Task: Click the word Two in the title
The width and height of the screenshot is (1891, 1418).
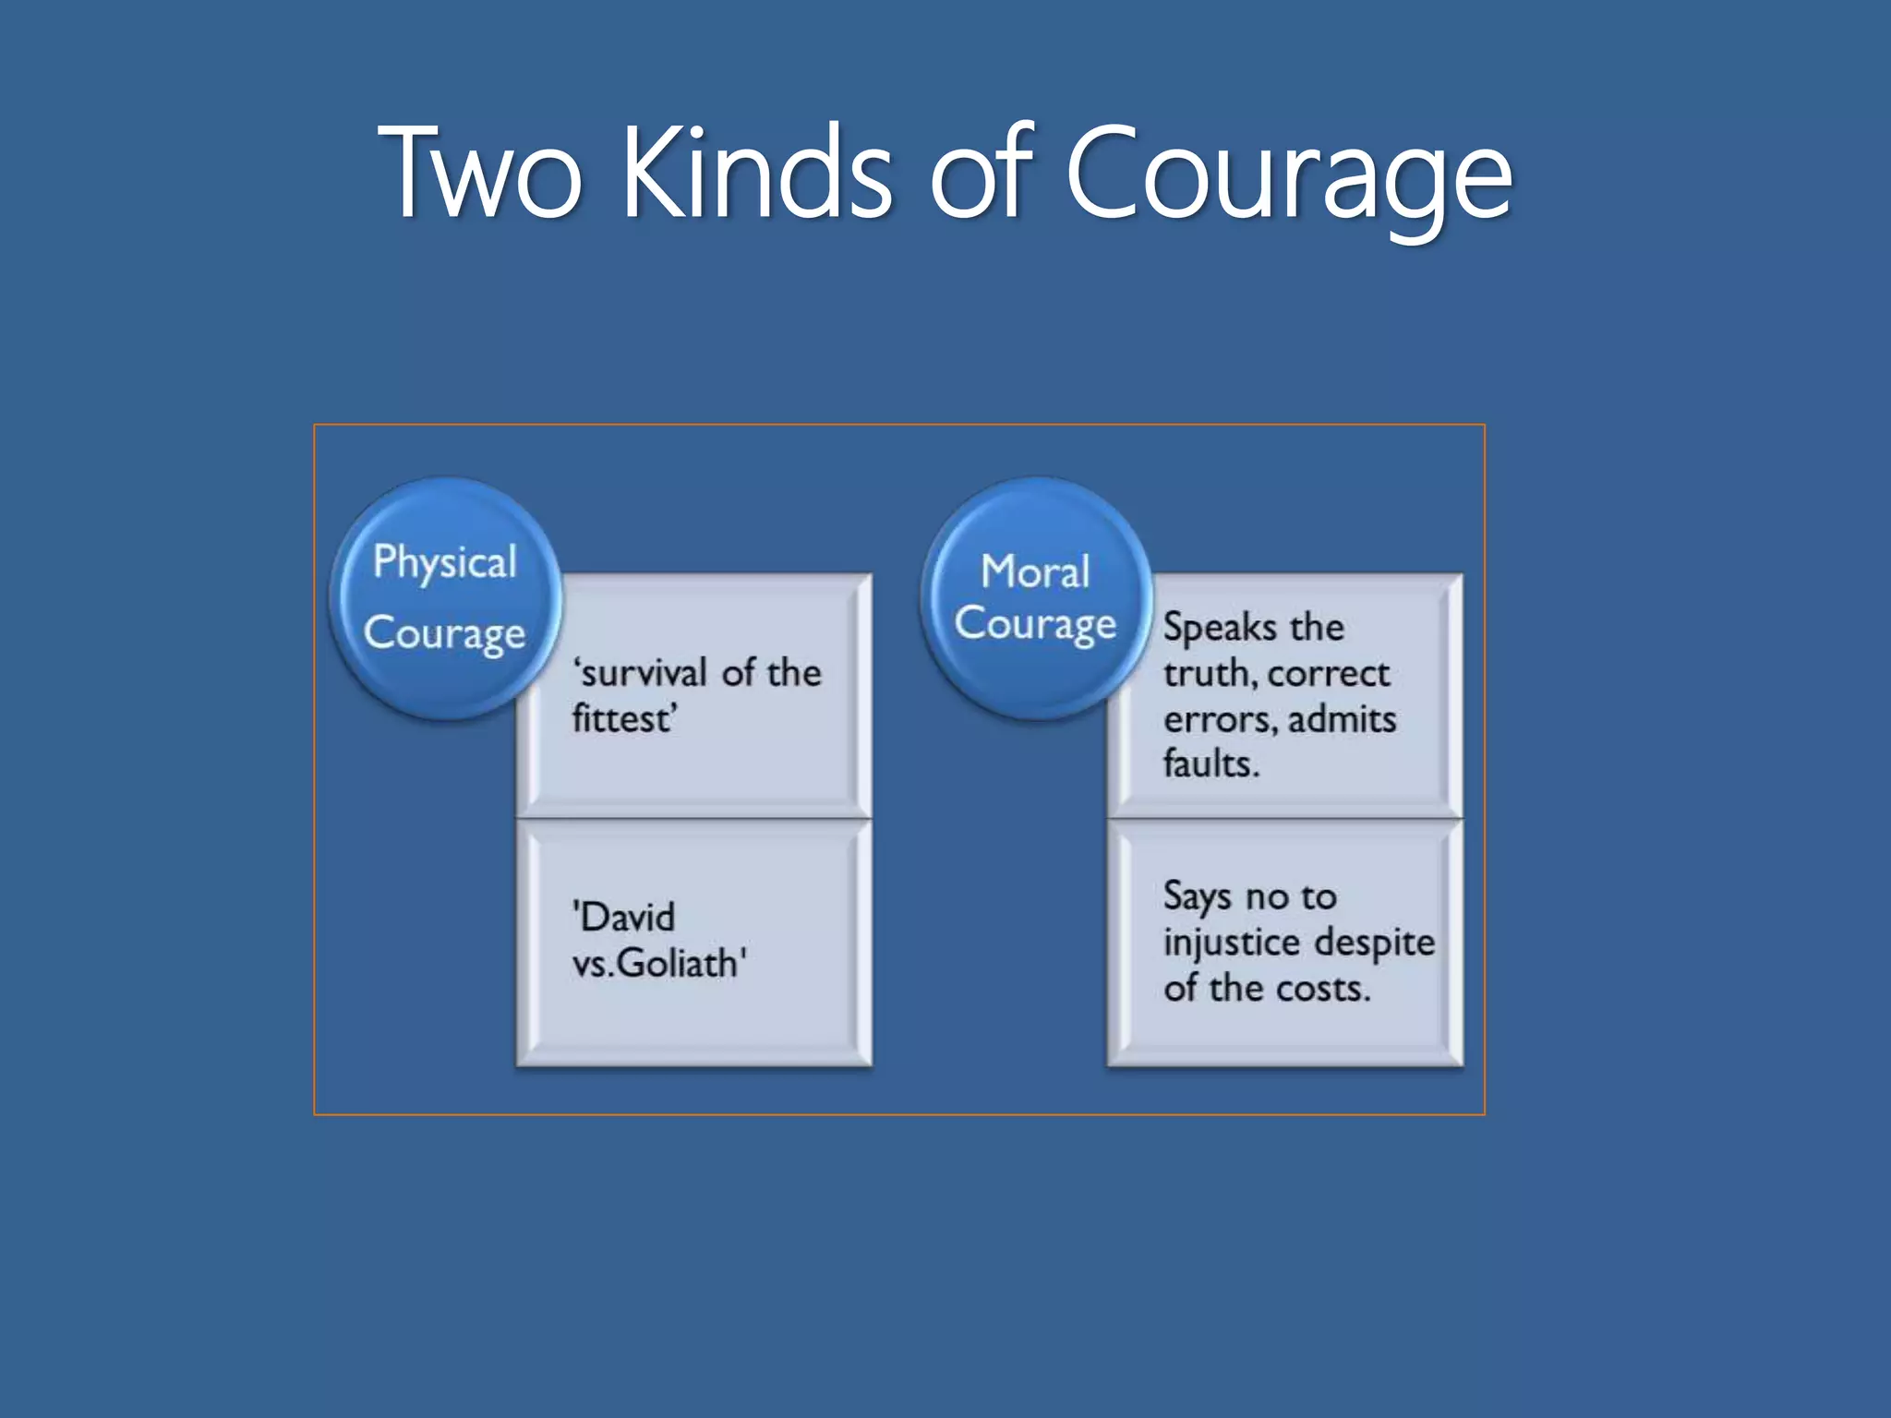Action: tap(480, 174)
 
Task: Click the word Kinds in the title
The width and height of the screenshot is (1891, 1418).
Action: tap(757, 174)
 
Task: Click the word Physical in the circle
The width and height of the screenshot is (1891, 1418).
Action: tap(445, 561)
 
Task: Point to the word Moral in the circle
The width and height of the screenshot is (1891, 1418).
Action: tap(1035, 571)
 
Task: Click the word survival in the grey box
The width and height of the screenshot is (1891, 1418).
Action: tap(644, 673)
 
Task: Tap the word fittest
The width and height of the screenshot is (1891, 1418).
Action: tap(621, 719)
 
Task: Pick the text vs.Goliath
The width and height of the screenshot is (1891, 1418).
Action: tap(656, 964)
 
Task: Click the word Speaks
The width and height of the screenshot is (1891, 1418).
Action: tap(1220, 628)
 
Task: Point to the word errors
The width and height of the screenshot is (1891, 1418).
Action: tap(1220, 720)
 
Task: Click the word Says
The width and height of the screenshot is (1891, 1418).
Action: tap(1197, 896)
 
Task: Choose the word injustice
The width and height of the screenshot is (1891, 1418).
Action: tap(1231, 943)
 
